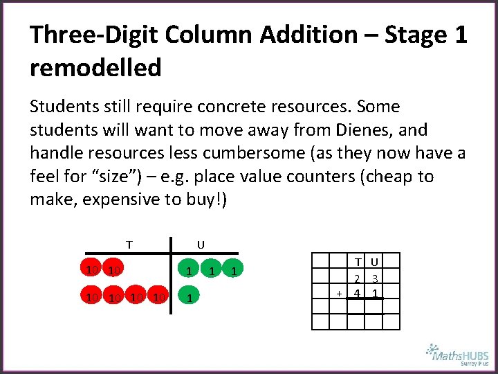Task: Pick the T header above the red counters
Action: [129, 244]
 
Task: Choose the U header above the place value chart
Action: [201, 244]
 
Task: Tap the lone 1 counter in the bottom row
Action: [188, 297]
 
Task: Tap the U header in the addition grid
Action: [374, 262]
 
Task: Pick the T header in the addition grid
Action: [357, 262]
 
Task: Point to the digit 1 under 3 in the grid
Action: [374, 293]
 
